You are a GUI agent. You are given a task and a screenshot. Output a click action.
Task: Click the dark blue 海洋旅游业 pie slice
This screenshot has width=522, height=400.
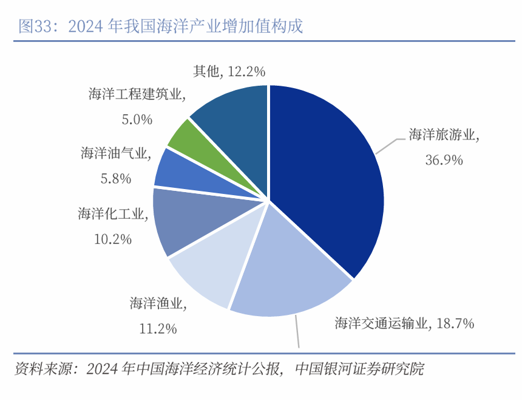pos(328,176)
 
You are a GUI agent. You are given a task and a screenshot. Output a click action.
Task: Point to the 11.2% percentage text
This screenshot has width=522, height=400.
pos(158,329)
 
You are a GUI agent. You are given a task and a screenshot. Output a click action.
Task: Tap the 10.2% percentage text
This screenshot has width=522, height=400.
pos(113,240)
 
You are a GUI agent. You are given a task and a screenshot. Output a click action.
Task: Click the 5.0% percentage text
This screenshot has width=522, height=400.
pos(137,120)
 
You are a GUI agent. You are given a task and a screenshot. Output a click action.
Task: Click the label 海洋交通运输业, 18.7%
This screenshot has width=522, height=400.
pos(404,323)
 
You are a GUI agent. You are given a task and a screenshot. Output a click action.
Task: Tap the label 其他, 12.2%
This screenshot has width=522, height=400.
pos(229,71)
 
